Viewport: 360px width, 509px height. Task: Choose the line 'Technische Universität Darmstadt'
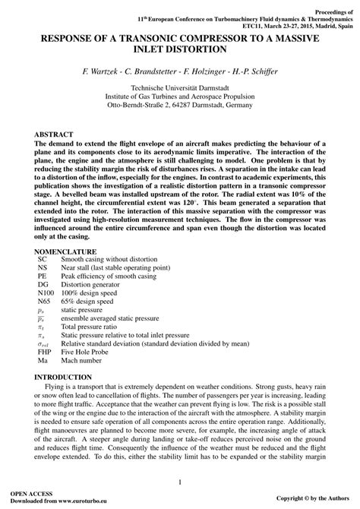click(x=180, y=89)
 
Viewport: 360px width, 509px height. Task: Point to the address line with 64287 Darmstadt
click(x=180, y=106)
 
